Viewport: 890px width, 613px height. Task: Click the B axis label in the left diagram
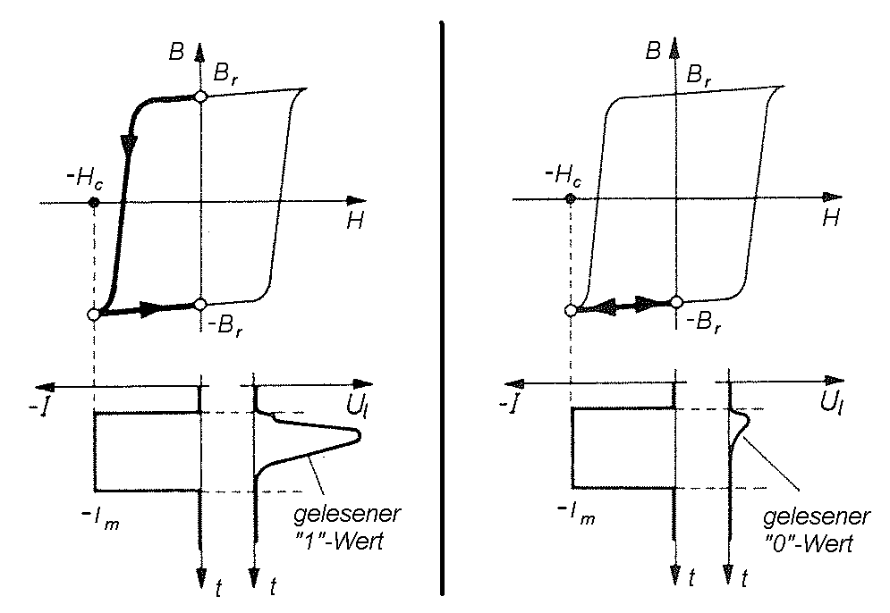click(176, 52)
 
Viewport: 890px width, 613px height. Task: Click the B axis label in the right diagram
click(653, 50)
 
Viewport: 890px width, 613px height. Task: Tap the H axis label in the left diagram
click(355, 220)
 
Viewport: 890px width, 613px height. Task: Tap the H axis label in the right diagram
click(831, 217)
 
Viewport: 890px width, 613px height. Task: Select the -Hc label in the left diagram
click(85, 179)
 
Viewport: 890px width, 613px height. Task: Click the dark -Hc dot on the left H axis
click(95, 202)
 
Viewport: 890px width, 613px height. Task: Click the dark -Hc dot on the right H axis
click(571, 198)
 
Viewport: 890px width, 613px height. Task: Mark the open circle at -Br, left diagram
click(199, 305)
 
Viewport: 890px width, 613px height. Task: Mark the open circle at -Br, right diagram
click(676, 302)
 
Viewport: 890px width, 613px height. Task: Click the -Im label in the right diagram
click(576, 513)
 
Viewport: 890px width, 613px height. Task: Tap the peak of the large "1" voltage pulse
click(360, 435)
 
